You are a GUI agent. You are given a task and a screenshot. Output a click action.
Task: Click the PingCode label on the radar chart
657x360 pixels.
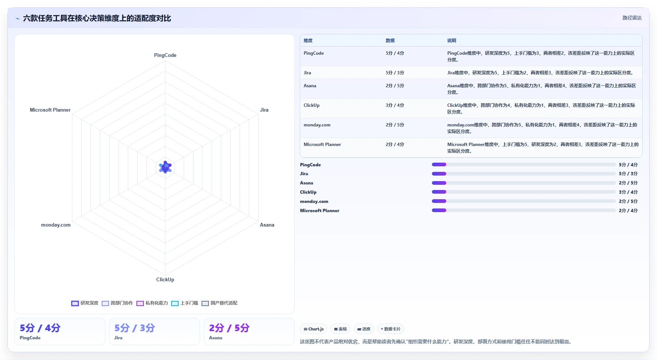pos(165,55)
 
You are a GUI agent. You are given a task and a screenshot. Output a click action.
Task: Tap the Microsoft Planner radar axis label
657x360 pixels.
pos(50,110)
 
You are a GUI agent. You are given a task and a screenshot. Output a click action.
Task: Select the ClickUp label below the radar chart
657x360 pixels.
pos(165,279)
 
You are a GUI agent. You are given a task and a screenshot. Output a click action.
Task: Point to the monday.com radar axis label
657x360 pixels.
pos(56,225)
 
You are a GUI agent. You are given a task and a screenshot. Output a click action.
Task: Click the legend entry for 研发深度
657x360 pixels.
pos(85,303)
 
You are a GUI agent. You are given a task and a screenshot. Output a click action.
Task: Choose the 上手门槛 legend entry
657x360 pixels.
pos(184,303)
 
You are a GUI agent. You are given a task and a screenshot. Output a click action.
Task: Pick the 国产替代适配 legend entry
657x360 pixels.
pos(219,303)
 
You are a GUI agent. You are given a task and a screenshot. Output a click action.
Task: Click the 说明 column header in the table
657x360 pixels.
pos(451,41)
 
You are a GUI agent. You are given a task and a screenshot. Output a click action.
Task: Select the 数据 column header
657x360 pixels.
pos(390,41)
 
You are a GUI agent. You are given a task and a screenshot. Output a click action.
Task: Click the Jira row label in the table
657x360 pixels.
pos(307,73)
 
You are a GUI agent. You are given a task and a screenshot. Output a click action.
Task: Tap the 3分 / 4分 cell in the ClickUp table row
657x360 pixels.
pos(395,105)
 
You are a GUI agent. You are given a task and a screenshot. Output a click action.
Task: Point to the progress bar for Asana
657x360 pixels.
pos(524,183)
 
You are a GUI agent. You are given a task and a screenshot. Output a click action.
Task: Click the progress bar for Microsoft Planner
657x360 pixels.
pos(524,210)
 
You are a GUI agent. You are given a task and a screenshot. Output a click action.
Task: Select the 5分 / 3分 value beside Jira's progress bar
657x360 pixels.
pos(628,174)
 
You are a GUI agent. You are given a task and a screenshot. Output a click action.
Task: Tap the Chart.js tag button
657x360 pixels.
pos(314,329)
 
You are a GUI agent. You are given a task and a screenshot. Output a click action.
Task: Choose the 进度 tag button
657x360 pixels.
pos(364,329)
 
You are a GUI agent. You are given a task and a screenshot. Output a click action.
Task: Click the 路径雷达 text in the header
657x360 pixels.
pos(632,18)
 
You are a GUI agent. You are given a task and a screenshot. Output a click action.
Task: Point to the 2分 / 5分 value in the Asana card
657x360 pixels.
pos(229,328)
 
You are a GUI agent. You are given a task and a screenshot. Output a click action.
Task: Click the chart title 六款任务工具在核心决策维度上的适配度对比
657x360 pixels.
pos(97,18)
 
